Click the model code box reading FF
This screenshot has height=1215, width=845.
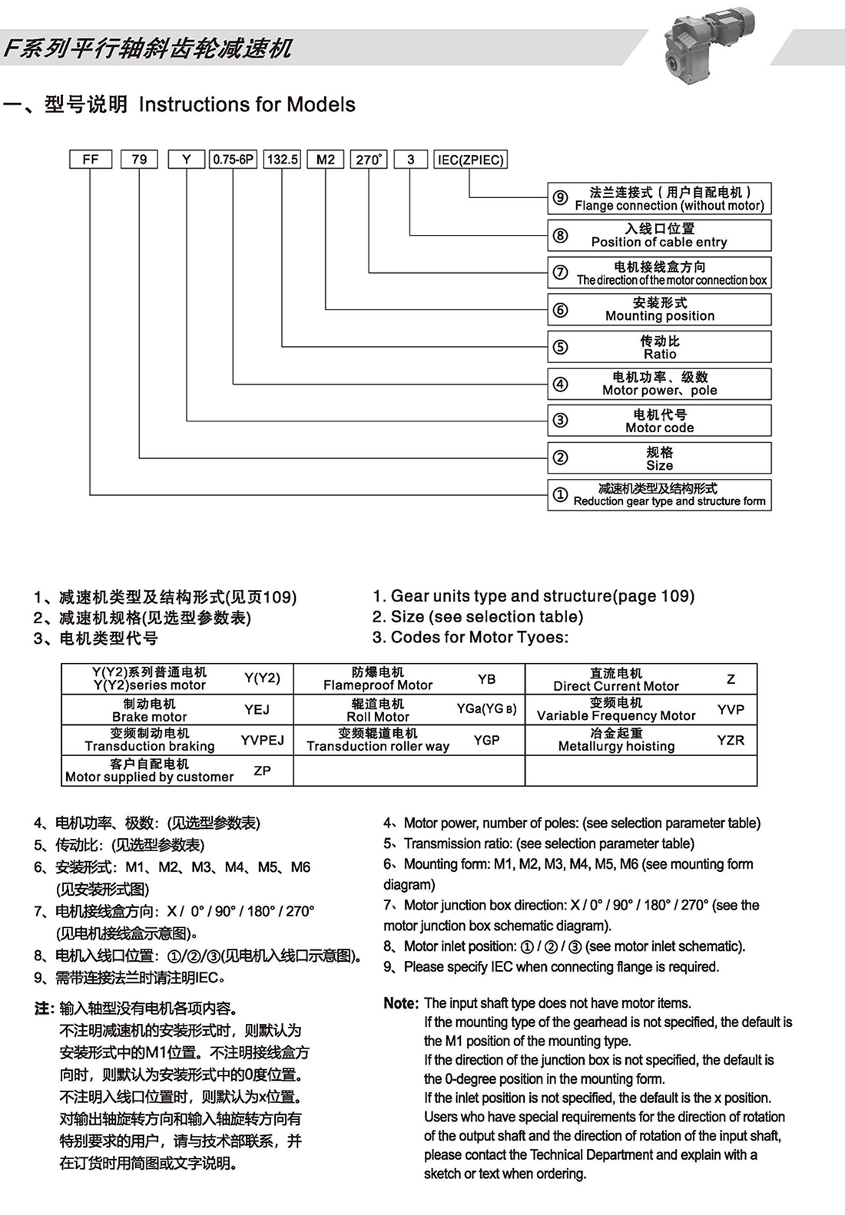coord(91,160)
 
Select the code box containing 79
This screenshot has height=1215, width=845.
coord(139,160)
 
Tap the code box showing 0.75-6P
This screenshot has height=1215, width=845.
coord(234,160)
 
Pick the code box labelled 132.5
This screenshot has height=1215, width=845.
coord(283,160)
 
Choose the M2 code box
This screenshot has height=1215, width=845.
coord(326,160)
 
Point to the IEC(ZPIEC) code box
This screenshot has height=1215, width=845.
coord(471,160)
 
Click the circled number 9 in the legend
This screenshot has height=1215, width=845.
coord(561,199)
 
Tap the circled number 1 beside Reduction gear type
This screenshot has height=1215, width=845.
coord(561,495)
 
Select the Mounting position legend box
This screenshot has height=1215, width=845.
coord(660,309)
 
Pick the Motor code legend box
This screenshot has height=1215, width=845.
coord(660,421)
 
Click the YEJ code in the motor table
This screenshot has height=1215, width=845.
coord(257,710)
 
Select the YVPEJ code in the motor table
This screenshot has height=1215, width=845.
coord(262,740)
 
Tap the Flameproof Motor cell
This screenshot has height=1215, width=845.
coord(378,679)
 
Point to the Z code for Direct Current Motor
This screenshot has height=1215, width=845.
coord(731,679)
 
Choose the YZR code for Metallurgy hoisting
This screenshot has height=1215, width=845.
coord(731,740)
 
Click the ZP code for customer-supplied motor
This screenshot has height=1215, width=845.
coord(262,771)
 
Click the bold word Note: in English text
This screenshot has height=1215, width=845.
coord(401,1003)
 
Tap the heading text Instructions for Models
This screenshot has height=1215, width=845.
coord(247,105)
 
